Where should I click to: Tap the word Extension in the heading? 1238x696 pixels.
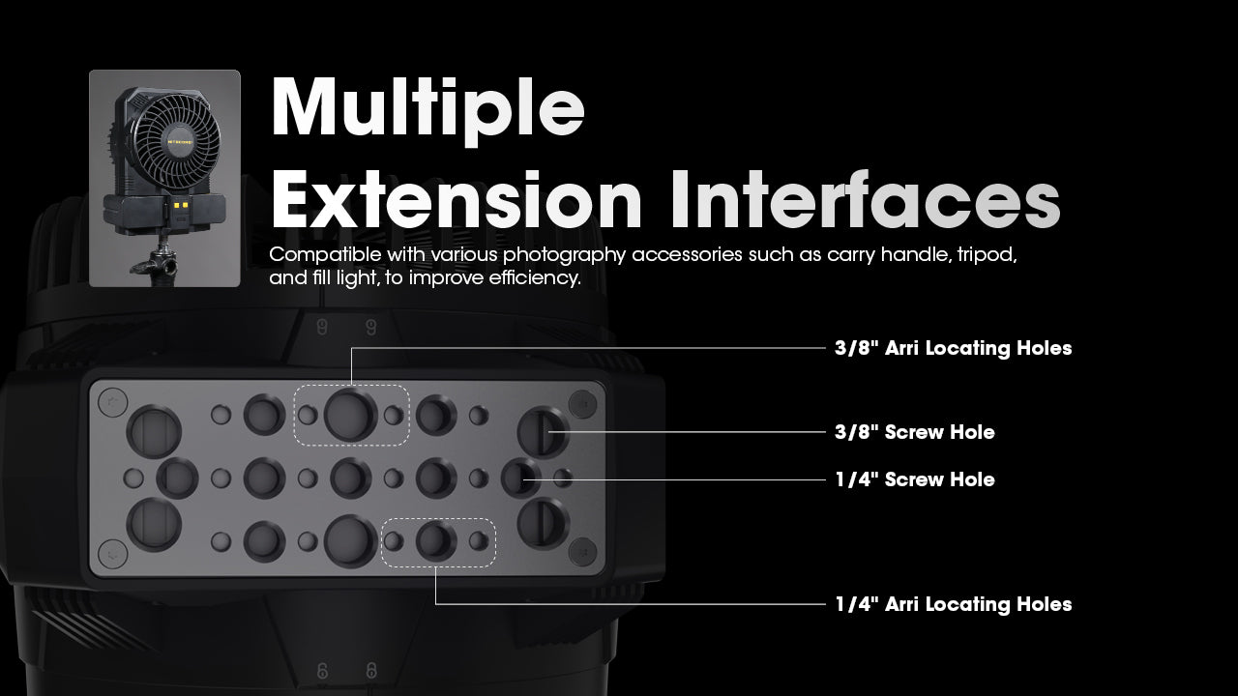pos(457,200)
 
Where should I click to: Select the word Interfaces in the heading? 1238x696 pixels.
pos(866,200)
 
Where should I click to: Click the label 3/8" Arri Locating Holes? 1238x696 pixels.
pos(954,348)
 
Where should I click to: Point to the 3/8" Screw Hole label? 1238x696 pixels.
pos(915,432)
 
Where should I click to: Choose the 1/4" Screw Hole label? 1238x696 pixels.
pos(915,479)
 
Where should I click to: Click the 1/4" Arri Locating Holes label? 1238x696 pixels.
pos(954,604)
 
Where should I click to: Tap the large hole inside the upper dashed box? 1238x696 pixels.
pos(350,415)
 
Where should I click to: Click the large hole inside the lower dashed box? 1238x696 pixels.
pos(436,541)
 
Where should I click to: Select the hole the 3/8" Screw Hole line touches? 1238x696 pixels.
pos(544,432)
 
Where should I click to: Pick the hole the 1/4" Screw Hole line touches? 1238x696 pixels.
pos(521,478)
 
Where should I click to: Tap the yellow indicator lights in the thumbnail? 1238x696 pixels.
pos(180,205)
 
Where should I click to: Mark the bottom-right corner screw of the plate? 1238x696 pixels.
pos(582,552)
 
